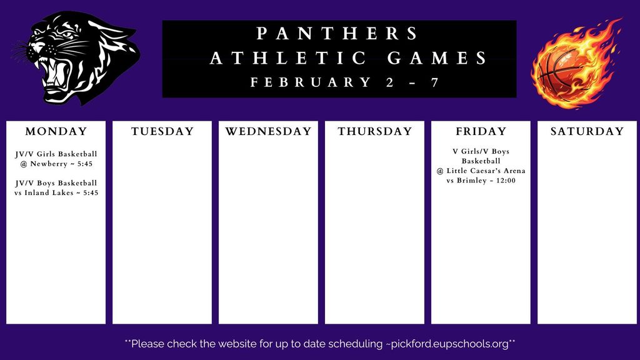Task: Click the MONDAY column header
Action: pos(56,132)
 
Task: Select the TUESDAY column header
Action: pos(162,132)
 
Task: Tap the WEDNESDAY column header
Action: pos(268,132)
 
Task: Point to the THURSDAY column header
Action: pos(375,132)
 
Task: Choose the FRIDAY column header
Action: pos(481,132)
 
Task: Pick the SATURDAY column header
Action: pos(587,132)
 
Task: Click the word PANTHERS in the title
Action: pos(338,33)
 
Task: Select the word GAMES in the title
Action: pos(437,59)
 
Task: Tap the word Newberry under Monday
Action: pos(49,164)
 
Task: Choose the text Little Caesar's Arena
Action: pos(485,171)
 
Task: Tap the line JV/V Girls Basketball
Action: pos(56,154)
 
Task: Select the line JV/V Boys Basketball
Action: pos(56,183)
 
